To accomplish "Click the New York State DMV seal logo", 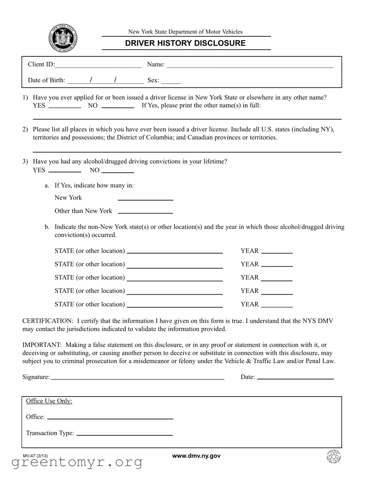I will [x=63, y=38].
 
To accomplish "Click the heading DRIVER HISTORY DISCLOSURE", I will [x=185, y=43].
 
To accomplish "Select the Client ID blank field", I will [x=98, y=65].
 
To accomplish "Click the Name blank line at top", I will [x=250, y=65].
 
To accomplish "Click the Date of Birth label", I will [x=46, y=80].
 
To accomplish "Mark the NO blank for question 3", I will [x=118, y=171].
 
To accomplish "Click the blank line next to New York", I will [x=145, y=198].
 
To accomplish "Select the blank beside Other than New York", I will [x=145, y=212].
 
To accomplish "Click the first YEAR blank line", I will [x=277, y=252].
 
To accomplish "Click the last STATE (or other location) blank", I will [x=175, y=305].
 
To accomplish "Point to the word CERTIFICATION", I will [x=48, y=321].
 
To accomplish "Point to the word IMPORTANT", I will [x=42, y=345].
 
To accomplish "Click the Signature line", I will [x=138, y=378].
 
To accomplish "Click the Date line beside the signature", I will [x=295, y=378].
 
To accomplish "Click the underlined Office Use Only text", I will [x=49, y=401].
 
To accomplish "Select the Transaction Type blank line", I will [x=124, y=434].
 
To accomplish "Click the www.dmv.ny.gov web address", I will [x=196, y=456].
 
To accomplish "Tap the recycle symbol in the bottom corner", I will [x=333, y=457].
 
